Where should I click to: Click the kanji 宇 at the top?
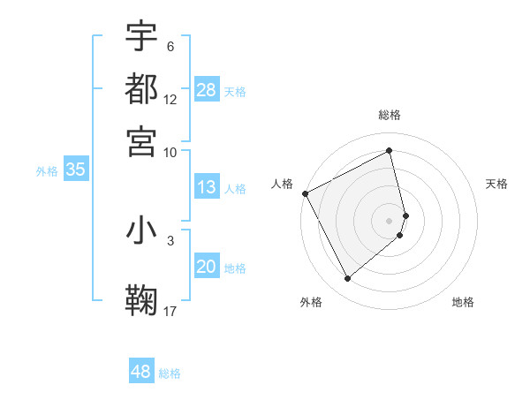click(x=141, y=37)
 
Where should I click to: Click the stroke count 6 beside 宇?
click(x=170, y=47)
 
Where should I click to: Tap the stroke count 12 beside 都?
click(x=170, y=99)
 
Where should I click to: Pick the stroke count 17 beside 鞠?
click(x=170, y=311)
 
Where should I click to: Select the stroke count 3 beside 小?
click(x=170, y=239)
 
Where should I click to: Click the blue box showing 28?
click(x=207, y=90)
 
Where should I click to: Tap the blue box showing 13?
click(x=207, y=187)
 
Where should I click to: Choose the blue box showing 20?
click(x=207, y=267)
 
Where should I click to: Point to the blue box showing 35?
click(x=75, y=170)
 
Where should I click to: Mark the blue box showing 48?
click(x=141, y=372)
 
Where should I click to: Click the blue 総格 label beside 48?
click(x=170, y=373)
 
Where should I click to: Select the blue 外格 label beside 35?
click(x=46, y=171)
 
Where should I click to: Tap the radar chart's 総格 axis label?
click(x=390, y=115)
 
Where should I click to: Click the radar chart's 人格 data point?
click(x=305, y=193)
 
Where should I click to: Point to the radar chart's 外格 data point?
click(x=347, y=279)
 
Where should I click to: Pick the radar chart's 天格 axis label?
click(x=497, y=184)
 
